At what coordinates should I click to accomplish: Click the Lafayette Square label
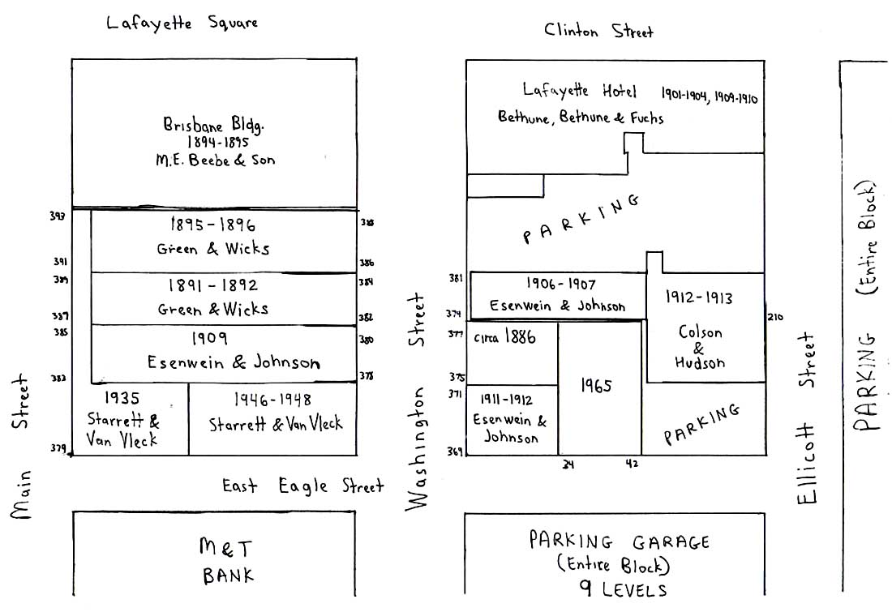click(x=182, y=23)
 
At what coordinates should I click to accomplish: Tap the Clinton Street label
click(x=598, y=31)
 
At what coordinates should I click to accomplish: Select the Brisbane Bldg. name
click(x=214, y=126)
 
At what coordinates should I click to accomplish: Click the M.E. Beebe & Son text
click(x=215, y=160)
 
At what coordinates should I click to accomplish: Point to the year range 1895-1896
click(x=213, y=225)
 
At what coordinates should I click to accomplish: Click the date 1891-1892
click(x=212, y=285)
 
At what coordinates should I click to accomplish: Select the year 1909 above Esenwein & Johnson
click(x=211, y=338)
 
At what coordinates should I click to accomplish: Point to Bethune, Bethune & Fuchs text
click(x=581, y=118)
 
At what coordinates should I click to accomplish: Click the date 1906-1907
click(x=560, y=285)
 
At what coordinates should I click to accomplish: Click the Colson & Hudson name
click(x=701, y=348)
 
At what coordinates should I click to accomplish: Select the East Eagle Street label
click(x=302, y=486)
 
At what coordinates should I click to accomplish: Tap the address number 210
click(x=775, y=317)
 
